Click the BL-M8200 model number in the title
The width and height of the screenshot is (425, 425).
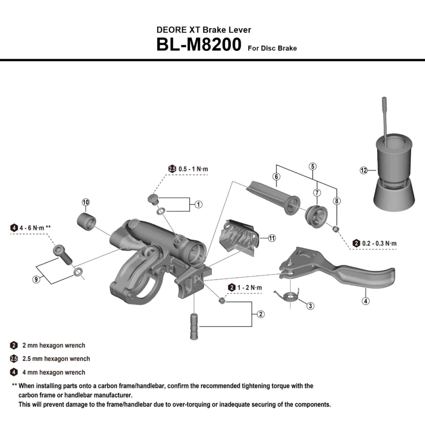(x=199, y=45)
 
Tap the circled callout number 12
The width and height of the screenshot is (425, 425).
(x=364, y=170)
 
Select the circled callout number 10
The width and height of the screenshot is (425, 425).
(x=85, y=202)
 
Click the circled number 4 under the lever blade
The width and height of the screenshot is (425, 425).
(x=365, y=301)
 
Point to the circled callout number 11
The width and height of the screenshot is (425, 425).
(x=272, y=238)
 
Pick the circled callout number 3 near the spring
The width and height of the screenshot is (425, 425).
(x=310, y=306)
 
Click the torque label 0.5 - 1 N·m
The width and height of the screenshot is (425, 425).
(x=193, y=169)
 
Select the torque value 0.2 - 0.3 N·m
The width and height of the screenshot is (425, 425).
(x=379, y=243)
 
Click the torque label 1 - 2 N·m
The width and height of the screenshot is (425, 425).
(x=249, y=288)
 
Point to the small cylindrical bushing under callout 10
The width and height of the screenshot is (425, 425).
(x=86, y=221)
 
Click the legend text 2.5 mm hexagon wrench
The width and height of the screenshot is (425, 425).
(x=56, y=359)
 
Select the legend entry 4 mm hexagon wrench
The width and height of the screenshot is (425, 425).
(x=53, y=372)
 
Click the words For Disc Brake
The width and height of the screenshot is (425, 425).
(x=272, y=48)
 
